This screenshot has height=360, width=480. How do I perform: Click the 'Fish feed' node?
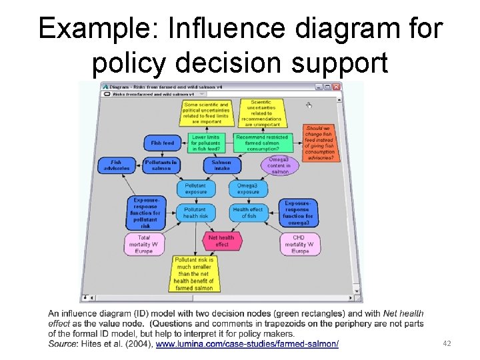[x=162, y=143]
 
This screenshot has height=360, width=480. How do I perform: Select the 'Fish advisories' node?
[x=116, y=165]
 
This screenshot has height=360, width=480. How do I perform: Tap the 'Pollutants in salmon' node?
[x=161, y=165]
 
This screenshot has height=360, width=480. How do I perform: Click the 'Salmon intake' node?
[x=221, y=165]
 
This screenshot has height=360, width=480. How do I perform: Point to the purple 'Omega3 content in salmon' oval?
[x=279, y=165]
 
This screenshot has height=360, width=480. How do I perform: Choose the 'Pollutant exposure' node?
[x=195, y=188]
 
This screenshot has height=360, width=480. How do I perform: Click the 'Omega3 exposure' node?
[x=248, y=188]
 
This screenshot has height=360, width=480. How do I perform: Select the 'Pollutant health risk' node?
[x=195, y=212]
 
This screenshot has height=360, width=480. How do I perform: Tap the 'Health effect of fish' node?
[x=248, y=212]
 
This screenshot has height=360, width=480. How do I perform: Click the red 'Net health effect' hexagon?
[x=221, y=241]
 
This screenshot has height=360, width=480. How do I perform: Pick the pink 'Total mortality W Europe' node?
[x=144, y=244]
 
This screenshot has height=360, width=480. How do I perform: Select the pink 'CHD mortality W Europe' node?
[x=300, y=244]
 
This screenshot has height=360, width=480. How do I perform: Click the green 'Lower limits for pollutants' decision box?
[x=205, y=143]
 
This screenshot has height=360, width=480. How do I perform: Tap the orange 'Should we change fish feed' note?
[x=321, y=142]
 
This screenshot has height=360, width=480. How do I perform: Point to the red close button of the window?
[x=337, y=87]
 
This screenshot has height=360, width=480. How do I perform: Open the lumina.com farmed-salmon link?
[x=247, y=343]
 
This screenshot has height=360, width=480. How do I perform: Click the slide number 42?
[x=447, y=343]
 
